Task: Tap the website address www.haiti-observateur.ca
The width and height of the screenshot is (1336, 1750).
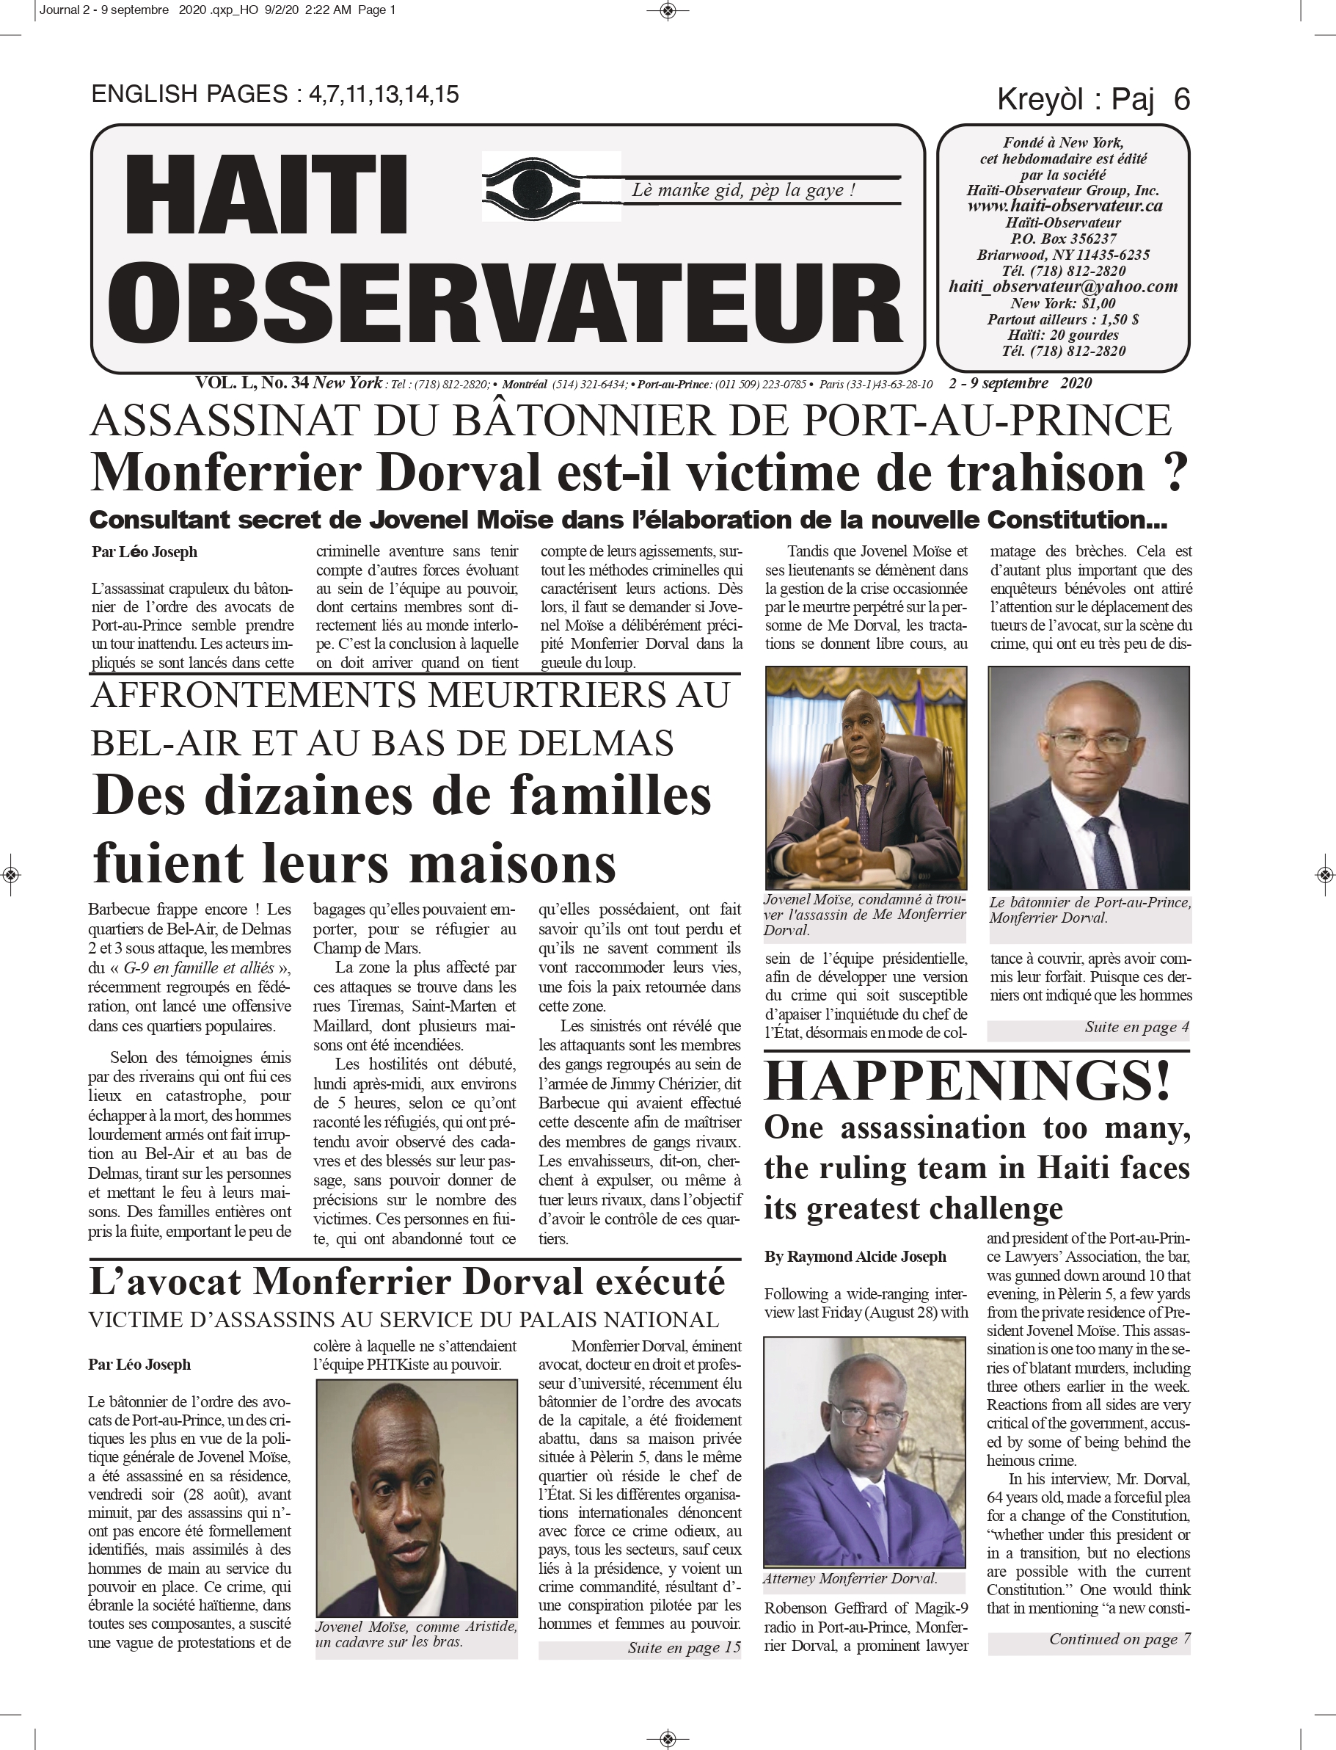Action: (1064, 206)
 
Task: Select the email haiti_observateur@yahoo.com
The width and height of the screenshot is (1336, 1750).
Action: (1062, 287)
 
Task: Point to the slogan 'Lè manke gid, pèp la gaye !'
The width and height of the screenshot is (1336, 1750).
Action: (742, 190)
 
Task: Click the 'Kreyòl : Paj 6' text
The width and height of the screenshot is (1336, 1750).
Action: (1092, 99)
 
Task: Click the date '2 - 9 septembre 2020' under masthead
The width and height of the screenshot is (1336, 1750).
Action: (1021, 383)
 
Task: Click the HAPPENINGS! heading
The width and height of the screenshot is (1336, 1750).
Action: (967, 1081)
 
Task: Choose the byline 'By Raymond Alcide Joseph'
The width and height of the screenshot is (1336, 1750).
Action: (855, 1257)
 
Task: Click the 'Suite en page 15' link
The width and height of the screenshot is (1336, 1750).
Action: (684, 1647)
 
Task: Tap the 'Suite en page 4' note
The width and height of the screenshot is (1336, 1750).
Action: (1136, 1027)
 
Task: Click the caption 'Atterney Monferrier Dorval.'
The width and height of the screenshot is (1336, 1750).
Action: (850, 1579)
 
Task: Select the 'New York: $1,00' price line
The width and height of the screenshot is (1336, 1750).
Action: (1062, 303)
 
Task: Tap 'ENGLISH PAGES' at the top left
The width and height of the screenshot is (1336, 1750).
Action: (189, 95)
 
